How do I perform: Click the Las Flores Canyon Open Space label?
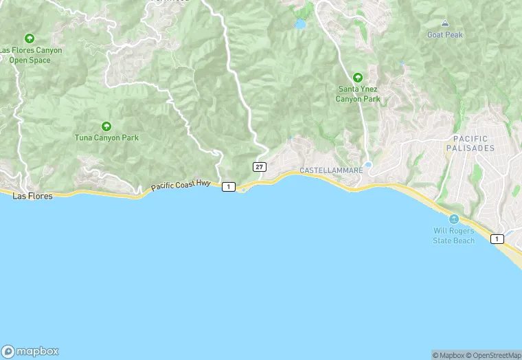[x=31, y=55]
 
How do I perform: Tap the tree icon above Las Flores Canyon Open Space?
[x=29, y=38]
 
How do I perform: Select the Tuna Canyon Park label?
[x=106, y=137]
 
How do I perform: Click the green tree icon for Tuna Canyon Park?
[x=106, y=126]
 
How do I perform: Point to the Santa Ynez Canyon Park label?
[x=357, y=94]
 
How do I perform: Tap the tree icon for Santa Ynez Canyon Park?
[x=357, y=77]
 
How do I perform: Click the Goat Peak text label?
[x=445, y=34]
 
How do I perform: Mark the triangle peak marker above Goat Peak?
[x=445, y=23]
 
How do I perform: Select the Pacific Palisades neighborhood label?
[x=470, y=144]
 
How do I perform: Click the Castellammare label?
[x=331, y=170]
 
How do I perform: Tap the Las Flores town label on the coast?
[x=32, y=196]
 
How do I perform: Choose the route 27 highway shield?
[x=259, y=167]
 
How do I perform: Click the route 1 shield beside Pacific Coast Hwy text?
[x=229, y=187]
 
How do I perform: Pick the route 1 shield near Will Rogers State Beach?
[x=497, y=238]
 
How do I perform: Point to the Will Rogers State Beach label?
[x=453, y=236]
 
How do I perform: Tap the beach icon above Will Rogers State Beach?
[x=453, y=219]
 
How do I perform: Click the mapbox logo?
[x=30, y=350]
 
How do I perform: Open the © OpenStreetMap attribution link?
[x=493, y=355]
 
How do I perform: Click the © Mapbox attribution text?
[x=448, y=355]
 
